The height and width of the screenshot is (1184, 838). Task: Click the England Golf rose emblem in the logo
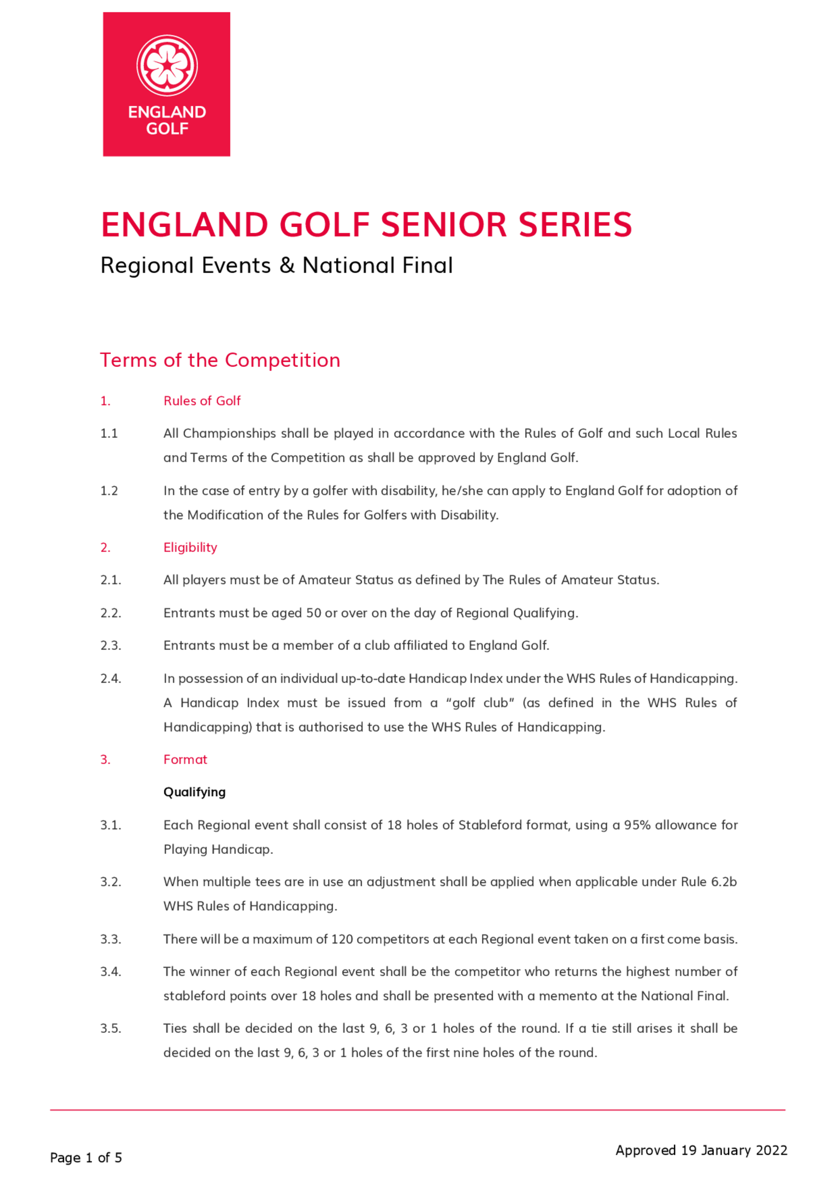coord(167,65)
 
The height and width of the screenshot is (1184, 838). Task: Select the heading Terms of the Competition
coord(220,360)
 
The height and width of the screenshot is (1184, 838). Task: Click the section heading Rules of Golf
coord(202,401)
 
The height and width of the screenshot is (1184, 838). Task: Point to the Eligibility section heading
coord(190,548)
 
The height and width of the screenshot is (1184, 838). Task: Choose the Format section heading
coord(185,760)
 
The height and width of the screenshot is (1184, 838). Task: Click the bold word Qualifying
coord(194,792)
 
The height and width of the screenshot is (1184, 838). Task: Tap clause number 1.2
coord(109,491)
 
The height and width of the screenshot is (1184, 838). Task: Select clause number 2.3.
coord(111,646)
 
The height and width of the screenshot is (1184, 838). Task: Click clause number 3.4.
coord(111,972)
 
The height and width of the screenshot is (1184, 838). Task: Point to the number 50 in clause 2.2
coord(314,613)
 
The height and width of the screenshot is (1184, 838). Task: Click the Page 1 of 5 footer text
coord(85,1158)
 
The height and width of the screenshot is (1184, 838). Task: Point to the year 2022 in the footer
coord(771,1150)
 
